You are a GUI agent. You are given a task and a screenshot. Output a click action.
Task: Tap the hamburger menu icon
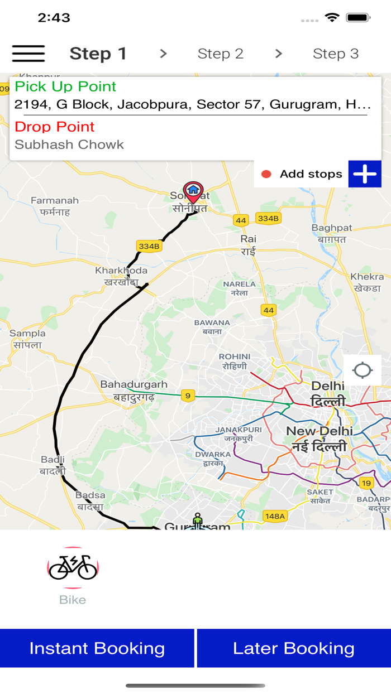tap(28, 54)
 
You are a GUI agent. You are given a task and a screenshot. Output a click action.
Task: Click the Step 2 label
tap(221, 54)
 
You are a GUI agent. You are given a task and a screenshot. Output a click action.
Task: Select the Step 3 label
tap(335, 54)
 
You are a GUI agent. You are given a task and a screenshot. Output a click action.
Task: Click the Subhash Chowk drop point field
tap(69, 144)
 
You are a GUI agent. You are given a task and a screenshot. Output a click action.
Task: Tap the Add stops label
tap(311, 174)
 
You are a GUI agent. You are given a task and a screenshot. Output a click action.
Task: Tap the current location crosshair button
tap(363, 370)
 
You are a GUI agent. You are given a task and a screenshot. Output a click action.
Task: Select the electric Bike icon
tap(73, 567)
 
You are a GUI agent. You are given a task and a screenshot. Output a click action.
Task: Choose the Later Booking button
tap(294, 648)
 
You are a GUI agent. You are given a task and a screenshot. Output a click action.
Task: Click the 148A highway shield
tap(275, 516)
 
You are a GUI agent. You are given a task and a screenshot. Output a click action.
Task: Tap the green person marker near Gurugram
tap(198, 520)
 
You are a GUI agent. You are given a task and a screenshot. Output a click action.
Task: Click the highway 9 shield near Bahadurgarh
tap(188, 396)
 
